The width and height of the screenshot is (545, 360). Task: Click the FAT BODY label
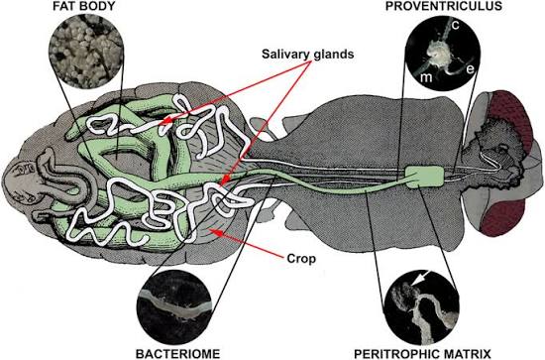(x=84, y=6)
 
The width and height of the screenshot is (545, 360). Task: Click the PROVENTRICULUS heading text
(x=444, y=6)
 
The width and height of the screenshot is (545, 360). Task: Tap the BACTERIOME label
(x=178, y=353)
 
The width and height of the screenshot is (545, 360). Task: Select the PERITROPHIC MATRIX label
(x=422, y=354)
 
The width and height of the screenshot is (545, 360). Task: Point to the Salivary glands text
(x=307, y=55)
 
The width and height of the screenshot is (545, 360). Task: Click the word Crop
(x=301, y=259)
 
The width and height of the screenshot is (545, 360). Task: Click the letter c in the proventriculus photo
(x=456, y=25)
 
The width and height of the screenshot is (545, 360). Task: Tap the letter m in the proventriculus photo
(x=426, y=77)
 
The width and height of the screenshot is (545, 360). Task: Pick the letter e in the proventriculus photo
(x=470, y=69)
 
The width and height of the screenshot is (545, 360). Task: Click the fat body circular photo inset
(x=86, y=52)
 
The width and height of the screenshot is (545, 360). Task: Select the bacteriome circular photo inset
(x=174, y=306)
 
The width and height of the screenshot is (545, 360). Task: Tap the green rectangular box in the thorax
(x=425, y=178)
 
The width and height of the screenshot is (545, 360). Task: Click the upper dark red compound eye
(x=512, y=118)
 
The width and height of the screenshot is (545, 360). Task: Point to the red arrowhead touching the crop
(x=214, y=231)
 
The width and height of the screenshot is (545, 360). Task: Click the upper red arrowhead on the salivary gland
(x=168, y=121)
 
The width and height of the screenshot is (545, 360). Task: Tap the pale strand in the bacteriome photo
(x=174, y=305)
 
